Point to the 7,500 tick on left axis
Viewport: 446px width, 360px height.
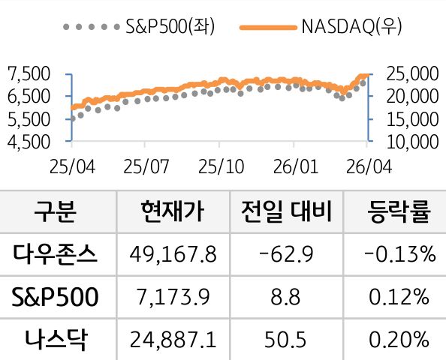tap(27, 73)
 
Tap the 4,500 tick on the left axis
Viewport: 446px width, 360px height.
tap(27, 140)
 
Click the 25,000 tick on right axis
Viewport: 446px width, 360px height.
tap(410, 73)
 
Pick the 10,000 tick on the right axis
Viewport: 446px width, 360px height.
tap(410, 140)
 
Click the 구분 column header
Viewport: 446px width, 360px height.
tap(56, 211)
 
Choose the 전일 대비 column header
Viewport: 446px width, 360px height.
tap(285, 211)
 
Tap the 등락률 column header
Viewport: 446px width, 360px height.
tap(399, 211)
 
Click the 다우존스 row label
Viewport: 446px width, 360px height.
tap(56, 254)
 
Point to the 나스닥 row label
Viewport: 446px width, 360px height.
tap(56, 340)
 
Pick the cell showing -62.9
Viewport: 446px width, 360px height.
tap(285, 255)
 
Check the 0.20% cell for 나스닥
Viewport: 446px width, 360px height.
tap(399, 340)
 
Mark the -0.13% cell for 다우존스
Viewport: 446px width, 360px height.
tap(399, 255)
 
